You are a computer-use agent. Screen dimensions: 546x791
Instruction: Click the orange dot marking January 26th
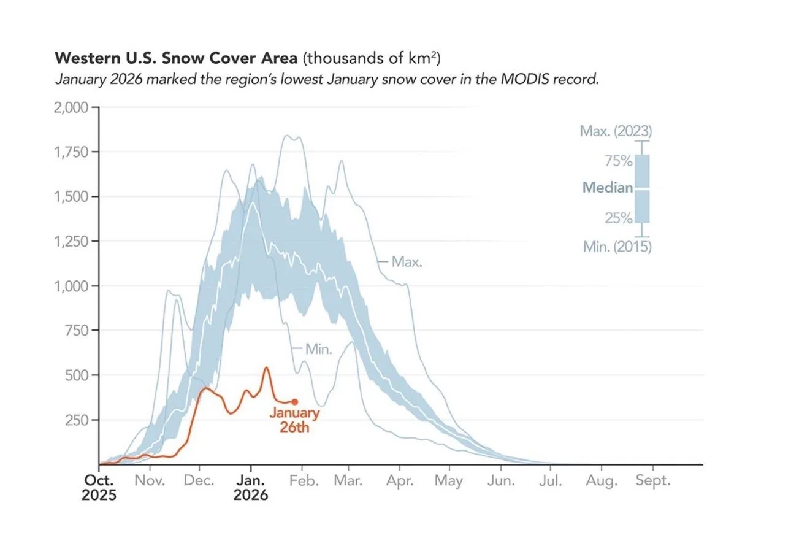point(295,402)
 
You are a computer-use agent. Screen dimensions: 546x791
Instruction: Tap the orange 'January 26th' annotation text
point(294,420)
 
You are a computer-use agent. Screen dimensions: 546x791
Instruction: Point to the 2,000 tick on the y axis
point(72,107)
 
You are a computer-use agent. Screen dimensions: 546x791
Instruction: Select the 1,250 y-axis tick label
point(72,241)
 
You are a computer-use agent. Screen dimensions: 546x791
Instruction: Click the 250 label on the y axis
point(77,420)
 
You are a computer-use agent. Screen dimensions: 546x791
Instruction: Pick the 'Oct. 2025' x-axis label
point(99,487)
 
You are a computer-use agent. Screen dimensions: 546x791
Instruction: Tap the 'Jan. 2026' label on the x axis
point(250,487)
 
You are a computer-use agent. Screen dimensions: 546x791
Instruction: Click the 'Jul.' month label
point(551,481)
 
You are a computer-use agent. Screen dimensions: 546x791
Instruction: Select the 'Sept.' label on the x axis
point(653,481)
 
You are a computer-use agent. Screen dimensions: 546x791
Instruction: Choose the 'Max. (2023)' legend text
point(616,131)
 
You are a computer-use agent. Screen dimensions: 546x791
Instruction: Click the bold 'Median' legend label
point(607,188)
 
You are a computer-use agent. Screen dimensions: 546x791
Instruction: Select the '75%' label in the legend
point(619,161)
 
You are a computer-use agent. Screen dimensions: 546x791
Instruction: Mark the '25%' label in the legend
point(619,218)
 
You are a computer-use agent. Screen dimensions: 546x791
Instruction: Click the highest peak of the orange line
point(266,367)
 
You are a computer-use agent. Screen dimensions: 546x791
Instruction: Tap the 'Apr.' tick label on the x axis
point(400,481)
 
